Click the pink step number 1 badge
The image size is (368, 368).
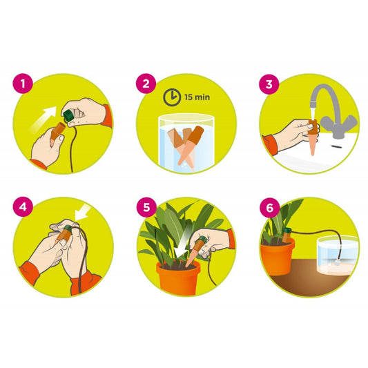click(23, 84)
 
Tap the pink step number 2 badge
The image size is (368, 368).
click(146, 84)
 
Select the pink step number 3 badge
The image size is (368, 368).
click(269, 84)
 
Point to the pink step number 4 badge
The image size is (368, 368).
click(23, 206)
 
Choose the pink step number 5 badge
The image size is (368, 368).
click(146, 207)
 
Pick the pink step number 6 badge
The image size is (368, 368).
click(270, 208)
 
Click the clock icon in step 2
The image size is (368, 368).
click(172, 97)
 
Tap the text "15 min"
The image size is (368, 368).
click(197, 97)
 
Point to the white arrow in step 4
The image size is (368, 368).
click(82, 212)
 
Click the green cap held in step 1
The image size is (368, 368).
click(68, 115)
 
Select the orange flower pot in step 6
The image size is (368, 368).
click(277, 256)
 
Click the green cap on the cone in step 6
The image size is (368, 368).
click(287, 231)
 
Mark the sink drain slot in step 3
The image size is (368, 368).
click(336, 146)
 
